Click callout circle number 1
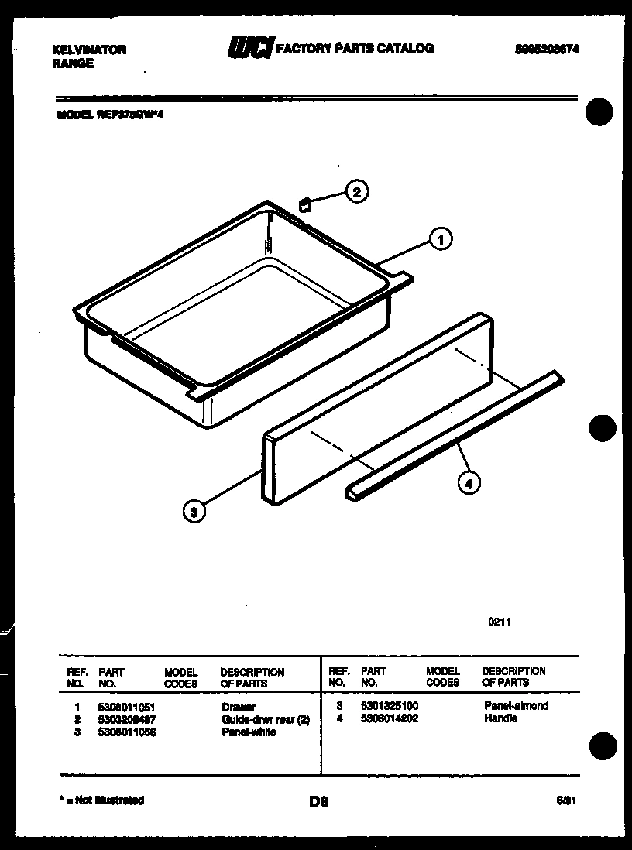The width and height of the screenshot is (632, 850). pyautogui.click(x=441, y=240)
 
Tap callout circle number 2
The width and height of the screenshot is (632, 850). pyautogui.click(x=356, y=192)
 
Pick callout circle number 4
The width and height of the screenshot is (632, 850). pyautogui.click(x=468, y=484)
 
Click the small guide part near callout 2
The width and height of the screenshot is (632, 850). pyautogui.click(x=305, y=204)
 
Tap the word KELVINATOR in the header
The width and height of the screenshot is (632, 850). pyautogui.click(x=88, y=50)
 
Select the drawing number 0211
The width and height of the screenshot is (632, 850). pyautogui.click(x=500, y=621)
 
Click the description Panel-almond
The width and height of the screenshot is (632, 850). pyautogui.click(x=516, y=706)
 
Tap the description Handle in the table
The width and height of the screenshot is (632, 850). pyautogui.click(x=501, y=718)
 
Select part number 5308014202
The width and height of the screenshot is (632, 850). pyautogui.click(x=390, y=718)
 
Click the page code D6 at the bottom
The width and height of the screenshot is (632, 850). pyautogui.click(x=318, y=803)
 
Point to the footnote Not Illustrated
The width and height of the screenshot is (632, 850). pyautogui.click(x=104, y=800)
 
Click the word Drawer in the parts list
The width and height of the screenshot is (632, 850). pyautogui.click(x=238, y=708)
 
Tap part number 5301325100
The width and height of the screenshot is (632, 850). pyautogui.click(x=390, y=706)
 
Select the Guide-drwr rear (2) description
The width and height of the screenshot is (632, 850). pyautogui.click(x=266, y=720)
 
